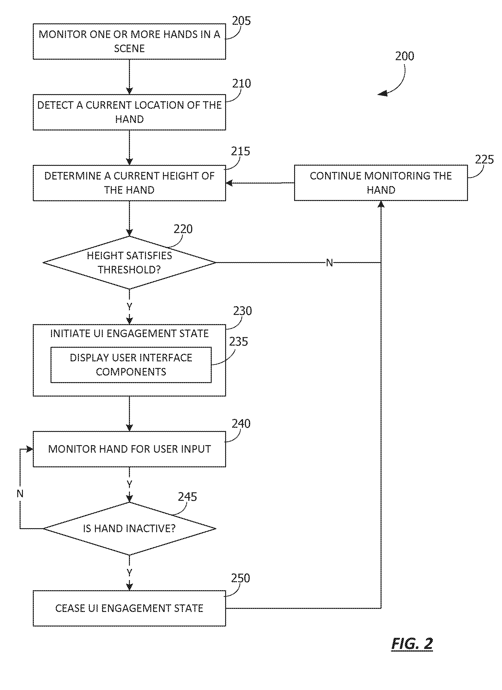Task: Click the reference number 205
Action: point(241,21)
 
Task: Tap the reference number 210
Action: point(242,83)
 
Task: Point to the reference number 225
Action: point(484,159)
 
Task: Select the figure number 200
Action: point(404,56)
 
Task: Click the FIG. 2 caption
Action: point(412,644)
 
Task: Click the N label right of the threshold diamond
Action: point(329,263)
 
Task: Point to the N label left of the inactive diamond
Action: point(20,493)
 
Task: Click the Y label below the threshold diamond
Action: point(129,307)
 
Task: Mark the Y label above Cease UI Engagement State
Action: point(129,573)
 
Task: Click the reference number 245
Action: point(187,497)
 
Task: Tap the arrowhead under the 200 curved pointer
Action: point(383,93)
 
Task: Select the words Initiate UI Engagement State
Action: point(129,333)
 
